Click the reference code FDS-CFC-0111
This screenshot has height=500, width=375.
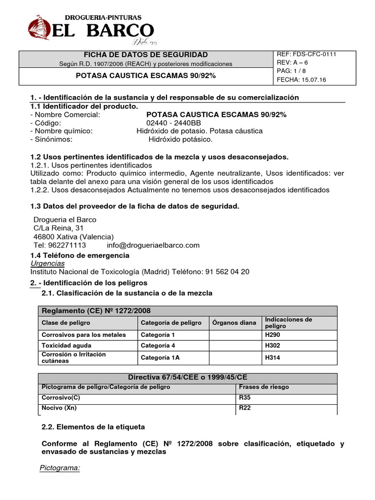(314, 54)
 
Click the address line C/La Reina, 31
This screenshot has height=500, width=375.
(58, 228)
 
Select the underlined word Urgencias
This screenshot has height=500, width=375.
(47, 263)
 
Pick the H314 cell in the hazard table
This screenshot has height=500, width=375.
(272, 357)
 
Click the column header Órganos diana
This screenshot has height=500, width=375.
(234, 323)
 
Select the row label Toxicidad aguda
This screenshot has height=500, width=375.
(66, 346)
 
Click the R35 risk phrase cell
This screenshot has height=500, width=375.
(245, 398)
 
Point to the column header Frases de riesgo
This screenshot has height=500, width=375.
(264, 387)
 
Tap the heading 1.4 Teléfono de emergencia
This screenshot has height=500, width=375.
(80, 255)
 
